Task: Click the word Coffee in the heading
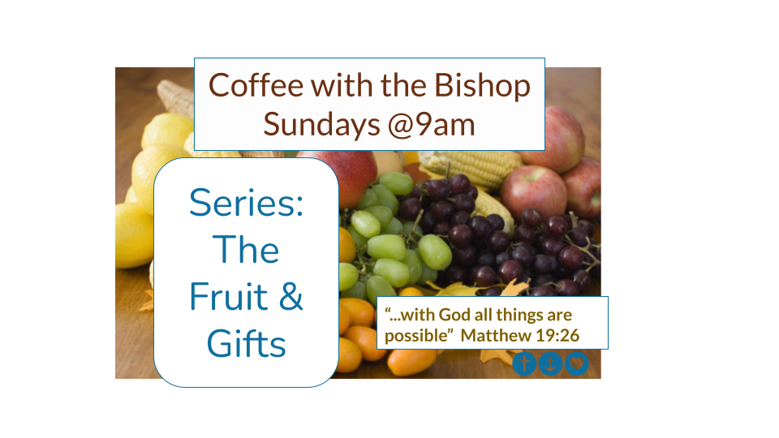[x=256, y=85]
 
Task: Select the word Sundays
[x=321, y=125]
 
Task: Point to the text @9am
[x=431, y=125]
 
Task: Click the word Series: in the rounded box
[x=247, y=203]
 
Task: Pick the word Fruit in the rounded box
[x=229, y=297]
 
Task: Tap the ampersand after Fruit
[x=291, y=297]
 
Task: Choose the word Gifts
[x=247, y=343]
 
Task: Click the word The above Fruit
[x=246, y=249]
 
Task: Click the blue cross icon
[x=524, y=363]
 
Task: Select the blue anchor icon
[x=550, y=363]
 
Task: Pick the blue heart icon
[x=577, y=363]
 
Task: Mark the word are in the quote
[x=560, y=316]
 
